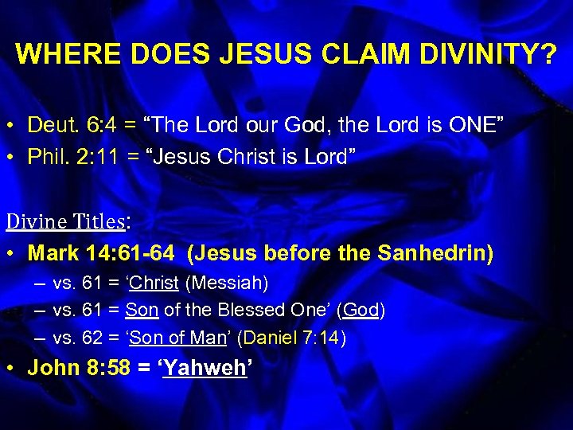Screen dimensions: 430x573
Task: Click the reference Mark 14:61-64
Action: pos(100,254)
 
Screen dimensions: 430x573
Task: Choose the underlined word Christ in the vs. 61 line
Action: pos(155,283)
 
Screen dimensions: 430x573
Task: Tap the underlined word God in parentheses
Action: pos(361,311)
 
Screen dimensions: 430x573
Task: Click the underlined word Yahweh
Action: pos(205,369)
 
